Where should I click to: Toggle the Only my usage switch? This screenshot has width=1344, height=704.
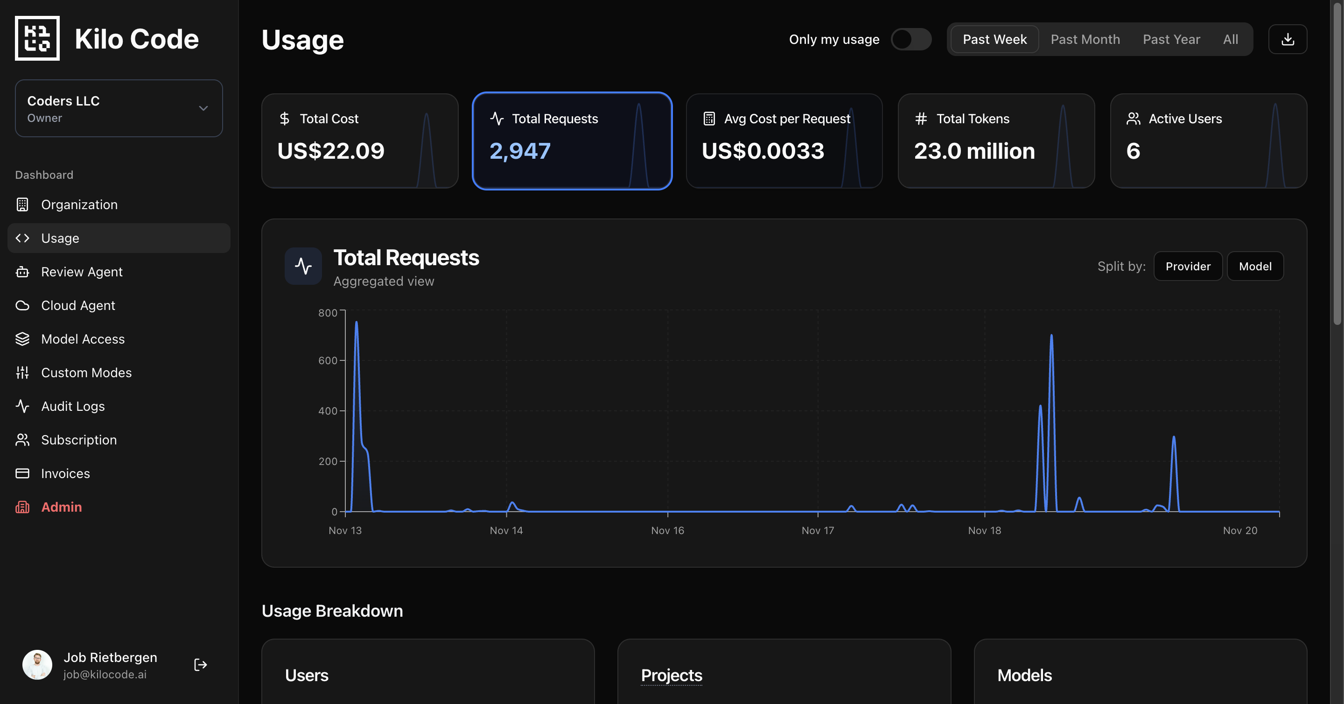(x=910, y=39)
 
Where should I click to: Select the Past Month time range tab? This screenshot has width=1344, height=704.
(x=1085, y=39)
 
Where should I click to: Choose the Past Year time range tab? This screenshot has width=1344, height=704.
(x=1171, y=39)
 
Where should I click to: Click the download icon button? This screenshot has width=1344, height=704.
(x=1287, y=39)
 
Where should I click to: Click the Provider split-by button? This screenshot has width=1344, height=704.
(x=1188, y=266)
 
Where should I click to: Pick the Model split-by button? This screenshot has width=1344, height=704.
(x=1255, y=266)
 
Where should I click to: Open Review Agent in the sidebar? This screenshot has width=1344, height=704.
(x=81, y=272)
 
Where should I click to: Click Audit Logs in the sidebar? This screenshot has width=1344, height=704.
(x=72, y=406)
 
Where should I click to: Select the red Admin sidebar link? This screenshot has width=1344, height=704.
(x=61, y=507)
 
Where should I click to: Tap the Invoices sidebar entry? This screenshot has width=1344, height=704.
(x=65, y=473)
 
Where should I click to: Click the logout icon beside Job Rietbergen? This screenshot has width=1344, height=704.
(x=200, y=665)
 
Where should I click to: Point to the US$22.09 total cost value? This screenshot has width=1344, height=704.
(x=331, y=151)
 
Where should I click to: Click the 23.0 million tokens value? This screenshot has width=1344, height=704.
(x=974, y=151)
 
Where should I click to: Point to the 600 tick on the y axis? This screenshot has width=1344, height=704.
(x=328, y=360)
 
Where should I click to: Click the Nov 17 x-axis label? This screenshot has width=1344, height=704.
(x=818, y=530)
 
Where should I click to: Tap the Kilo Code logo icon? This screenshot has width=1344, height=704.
(x=37, y=38)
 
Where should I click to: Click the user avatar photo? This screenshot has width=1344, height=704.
(x=37, y=665)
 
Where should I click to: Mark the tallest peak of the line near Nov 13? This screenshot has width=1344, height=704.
(x=357, y=322)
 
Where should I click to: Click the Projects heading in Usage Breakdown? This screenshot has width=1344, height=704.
(x=672, y=676)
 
